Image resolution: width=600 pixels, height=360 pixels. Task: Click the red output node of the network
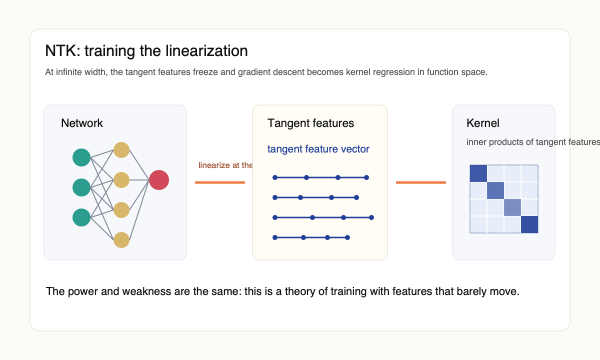click(159, 180)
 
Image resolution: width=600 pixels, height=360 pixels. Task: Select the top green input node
click(81, 157)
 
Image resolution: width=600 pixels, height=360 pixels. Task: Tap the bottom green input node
click(81, 217)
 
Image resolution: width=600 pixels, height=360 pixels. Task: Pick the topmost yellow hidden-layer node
click(121, 150)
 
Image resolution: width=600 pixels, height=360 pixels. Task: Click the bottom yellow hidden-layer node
click(121, 240)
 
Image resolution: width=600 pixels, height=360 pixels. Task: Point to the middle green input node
click(81, 187)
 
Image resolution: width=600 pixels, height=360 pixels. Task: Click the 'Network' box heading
click(82, 123)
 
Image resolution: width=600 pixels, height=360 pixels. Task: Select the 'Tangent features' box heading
click(310, 123)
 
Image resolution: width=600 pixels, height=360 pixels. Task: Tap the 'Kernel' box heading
click(482, 123)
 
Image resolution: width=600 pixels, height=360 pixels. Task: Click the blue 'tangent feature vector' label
click(318, 149)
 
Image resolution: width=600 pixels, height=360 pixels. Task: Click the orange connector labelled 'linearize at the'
click(220, 182)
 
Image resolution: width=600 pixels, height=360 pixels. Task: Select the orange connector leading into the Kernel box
click(420, 182)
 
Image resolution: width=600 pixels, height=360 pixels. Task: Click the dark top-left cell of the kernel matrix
click(478, 173)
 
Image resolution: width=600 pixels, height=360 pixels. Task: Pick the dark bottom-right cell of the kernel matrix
click(529, 224)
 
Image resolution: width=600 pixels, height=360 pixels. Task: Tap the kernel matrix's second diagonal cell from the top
click(495, 190)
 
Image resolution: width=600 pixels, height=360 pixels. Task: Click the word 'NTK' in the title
click(58, 51)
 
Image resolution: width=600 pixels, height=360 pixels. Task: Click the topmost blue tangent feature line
click(320, 177)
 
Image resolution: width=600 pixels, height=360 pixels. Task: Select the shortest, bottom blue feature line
click(311, 237)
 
